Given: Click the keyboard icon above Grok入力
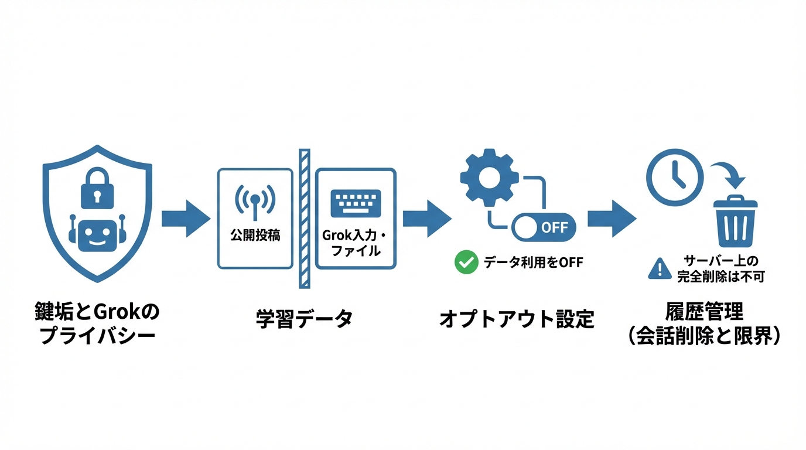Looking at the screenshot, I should (x=356, y=203).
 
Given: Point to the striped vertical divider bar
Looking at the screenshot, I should (x=305, y=219).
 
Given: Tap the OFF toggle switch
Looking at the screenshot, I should (x=544, y=227).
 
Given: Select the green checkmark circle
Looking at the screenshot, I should (x=466, y=262).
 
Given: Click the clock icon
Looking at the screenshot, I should (x=674, y=176).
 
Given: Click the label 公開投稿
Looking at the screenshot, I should (x=255, y=236).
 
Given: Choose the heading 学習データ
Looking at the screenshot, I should (x=304, y=319).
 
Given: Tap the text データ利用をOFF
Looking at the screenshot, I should (x=533, y=263).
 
